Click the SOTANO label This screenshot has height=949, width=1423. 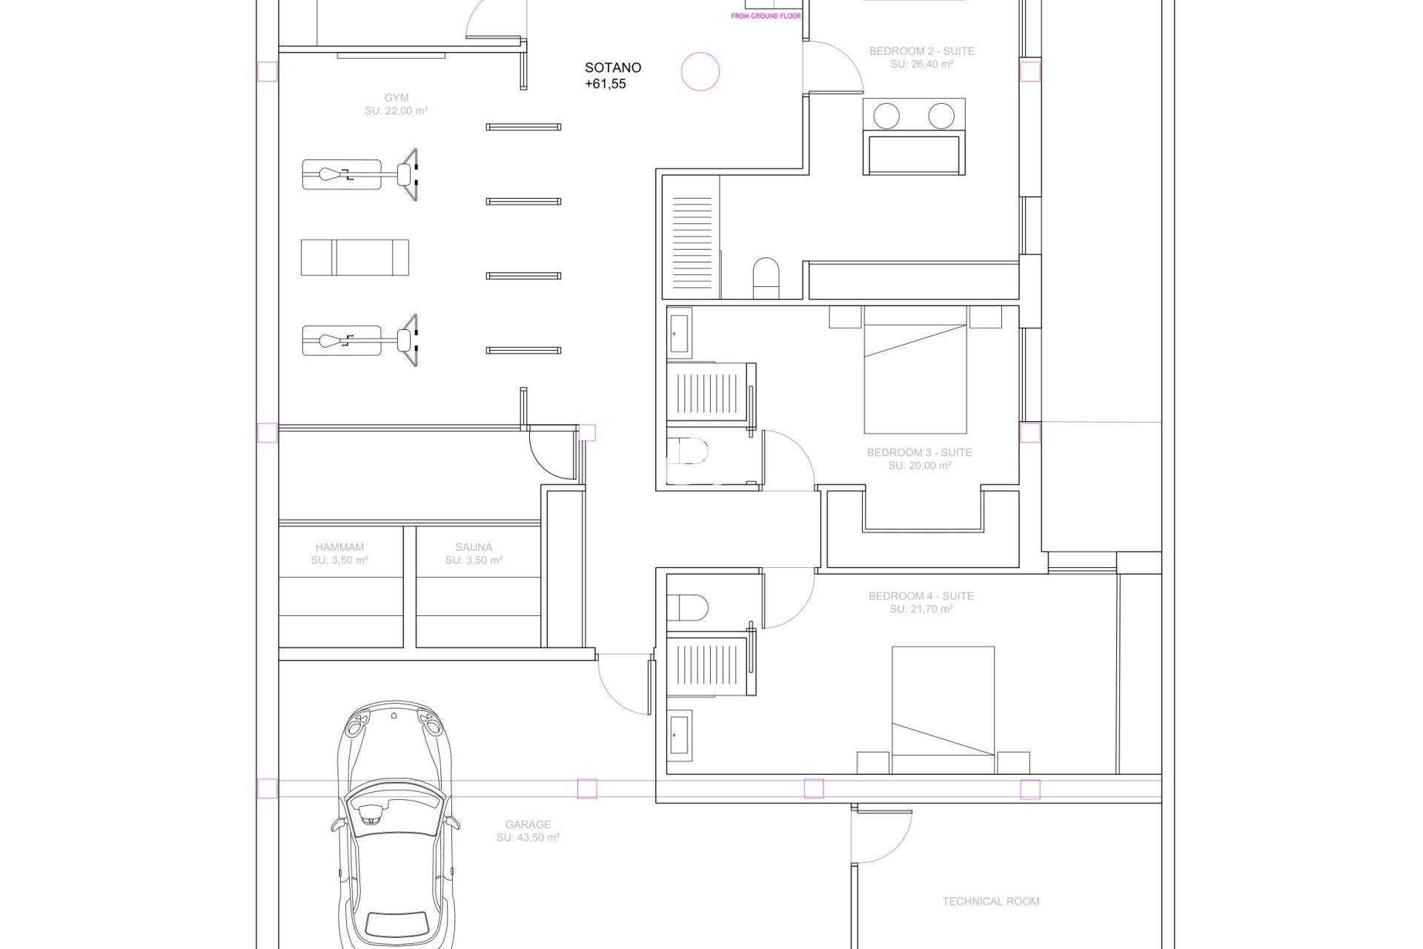613,67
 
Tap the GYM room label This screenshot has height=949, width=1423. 397,98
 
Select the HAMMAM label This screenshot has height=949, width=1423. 339,547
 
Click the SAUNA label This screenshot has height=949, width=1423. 474,547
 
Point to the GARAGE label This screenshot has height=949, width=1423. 528,824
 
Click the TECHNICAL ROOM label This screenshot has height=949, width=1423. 991,902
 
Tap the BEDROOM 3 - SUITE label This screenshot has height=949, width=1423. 920,452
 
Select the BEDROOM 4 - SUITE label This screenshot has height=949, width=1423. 921,596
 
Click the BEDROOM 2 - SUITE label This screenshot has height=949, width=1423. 922,51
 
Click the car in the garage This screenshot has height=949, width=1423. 395,823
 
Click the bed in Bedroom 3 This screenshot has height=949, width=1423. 915,369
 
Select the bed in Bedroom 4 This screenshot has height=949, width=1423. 943,710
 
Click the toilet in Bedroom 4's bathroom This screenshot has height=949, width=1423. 687,608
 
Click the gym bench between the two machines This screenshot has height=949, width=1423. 355,257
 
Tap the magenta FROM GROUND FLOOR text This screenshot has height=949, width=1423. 766,16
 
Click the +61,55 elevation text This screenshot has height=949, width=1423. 606,84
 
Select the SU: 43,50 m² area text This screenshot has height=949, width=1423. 528,838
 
